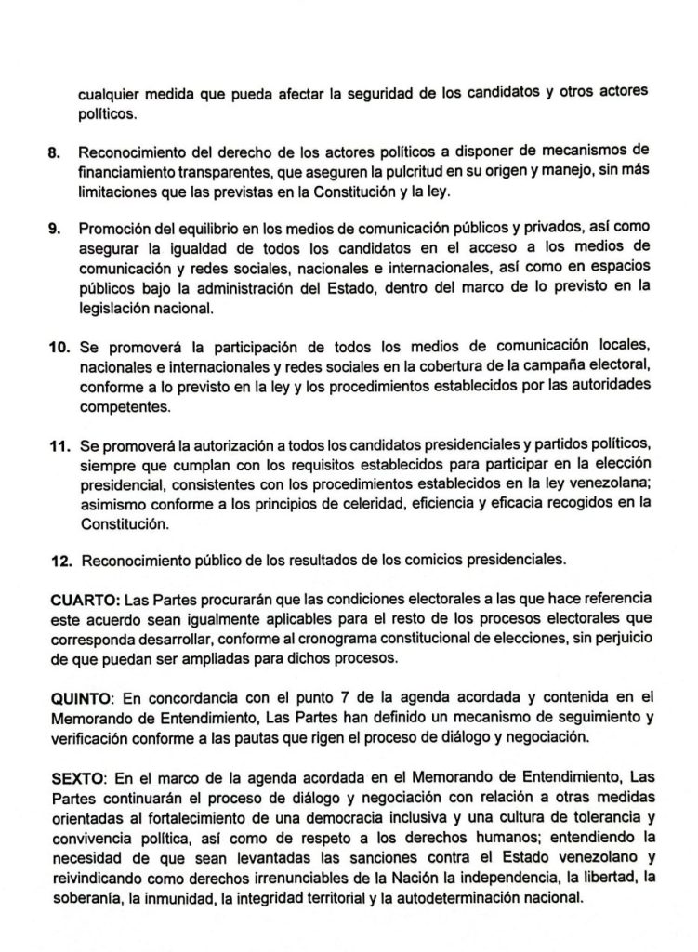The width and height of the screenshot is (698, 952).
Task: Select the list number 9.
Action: [x=55, y=228]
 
